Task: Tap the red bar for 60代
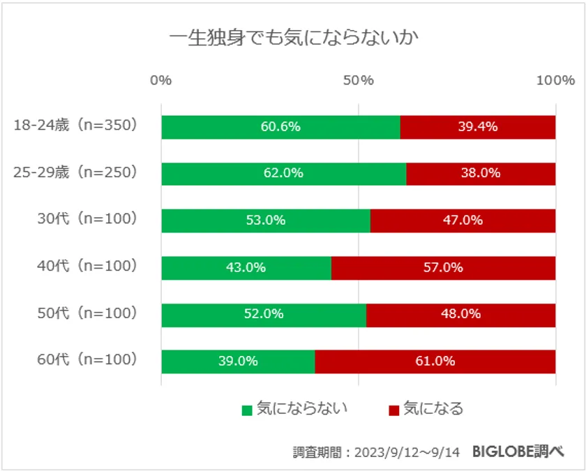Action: coord(435,361)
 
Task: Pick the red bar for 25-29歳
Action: coord(481,174)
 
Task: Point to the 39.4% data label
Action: coord(478,127)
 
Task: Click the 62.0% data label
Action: coord(283,174)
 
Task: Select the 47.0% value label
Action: coord(463,220)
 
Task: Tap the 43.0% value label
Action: coord(246,268)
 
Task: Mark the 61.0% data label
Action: coord(435,361)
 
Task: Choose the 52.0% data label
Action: coord(264,315)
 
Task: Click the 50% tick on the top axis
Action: coord(358,80)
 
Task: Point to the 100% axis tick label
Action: coord(555,80)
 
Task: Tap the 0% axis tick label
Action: coord(161,80)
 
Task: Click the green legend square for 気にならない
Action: coord(247,410)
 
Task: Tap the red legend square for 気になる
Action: coord(393,410)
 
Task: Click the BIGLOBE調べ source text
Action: coord(517,451)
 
